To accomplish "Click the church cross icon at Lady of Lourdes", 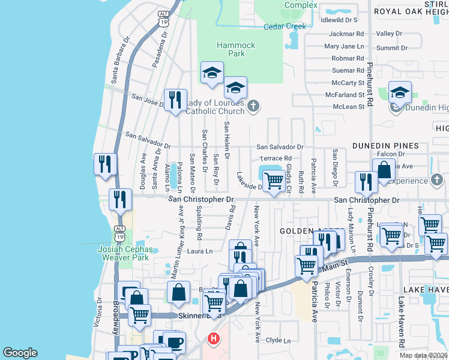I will [x=253, y=107].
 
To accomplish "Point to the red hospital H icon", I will [x=212, y=340].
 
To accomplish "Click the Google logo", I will [x=20, y=353].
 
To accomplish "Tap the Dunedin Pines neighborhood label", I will [x=384, y=146].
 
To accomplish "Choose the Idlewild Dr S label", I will [x=339, y=20].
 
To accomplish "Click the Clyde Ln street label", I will [x=278, y=340].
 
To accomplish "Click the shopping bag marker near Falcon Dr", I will [x=384, y=169].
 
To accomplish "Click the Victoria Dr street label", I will [x=99, y=315].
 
